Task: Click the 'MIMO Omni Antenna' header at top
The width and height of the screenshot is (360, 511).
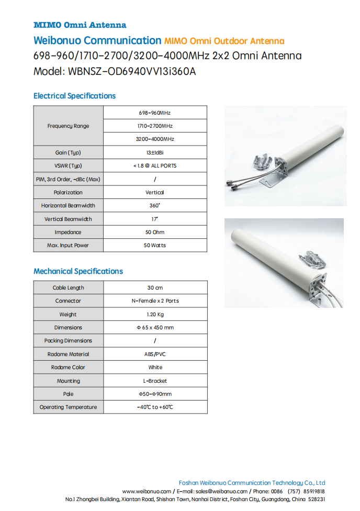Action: [x=80, y=25]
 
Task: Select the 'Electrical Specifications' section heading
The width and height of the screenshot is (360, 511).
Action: [x=74, y=96]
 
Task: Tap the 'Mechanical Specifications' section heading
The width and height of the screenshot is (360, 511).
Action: [x=78, y=271]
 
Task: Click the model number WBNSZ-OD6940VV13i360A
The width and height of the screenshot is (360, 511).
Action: [x=132, y=72]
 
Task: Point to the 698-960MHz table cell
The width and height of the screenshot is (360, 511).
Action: [x=155, y=113]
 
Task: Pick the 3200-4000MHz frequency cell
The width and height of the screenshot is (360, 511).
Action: [x=155, y=139]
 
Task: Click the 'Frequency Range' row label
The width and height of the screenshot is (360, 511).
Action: [x=68, y=126]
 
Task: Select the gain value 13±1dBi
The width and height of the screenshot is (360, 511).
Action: [x=155, y=152]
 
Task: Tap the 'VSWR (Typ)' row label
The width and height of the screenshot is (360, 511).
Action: [x=68, y=165]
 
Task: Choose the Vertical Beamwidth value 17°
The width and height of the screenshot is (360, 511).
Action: [x=155, y=219]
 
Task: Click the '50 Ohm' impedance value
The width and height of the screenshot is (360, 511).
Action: [x=155, y=232]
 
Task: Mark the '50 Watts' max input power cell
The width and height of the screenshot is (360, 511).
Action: [x=155, y=245]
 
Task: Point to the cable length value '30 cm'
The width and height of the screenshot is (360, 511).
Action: [x=155, y=287]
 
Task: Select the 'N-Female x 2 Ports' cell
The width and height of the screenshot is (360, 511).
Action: [x=155, y=301]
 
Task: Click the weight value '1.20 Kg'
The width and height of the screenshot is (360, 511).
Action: [x=155, y=314]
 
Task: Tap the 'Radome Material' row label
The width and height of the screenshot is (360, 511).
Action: [x=68, y=354]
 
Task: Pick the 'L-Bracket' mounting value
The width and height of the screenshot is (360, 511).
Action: [x=155, y=381]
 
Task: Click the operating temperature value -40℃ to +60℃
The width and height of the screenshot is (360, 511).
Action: [x=155, y=407]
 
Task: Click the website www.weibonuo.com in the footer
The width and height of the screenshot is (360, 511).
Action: [x=147, y=492]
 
